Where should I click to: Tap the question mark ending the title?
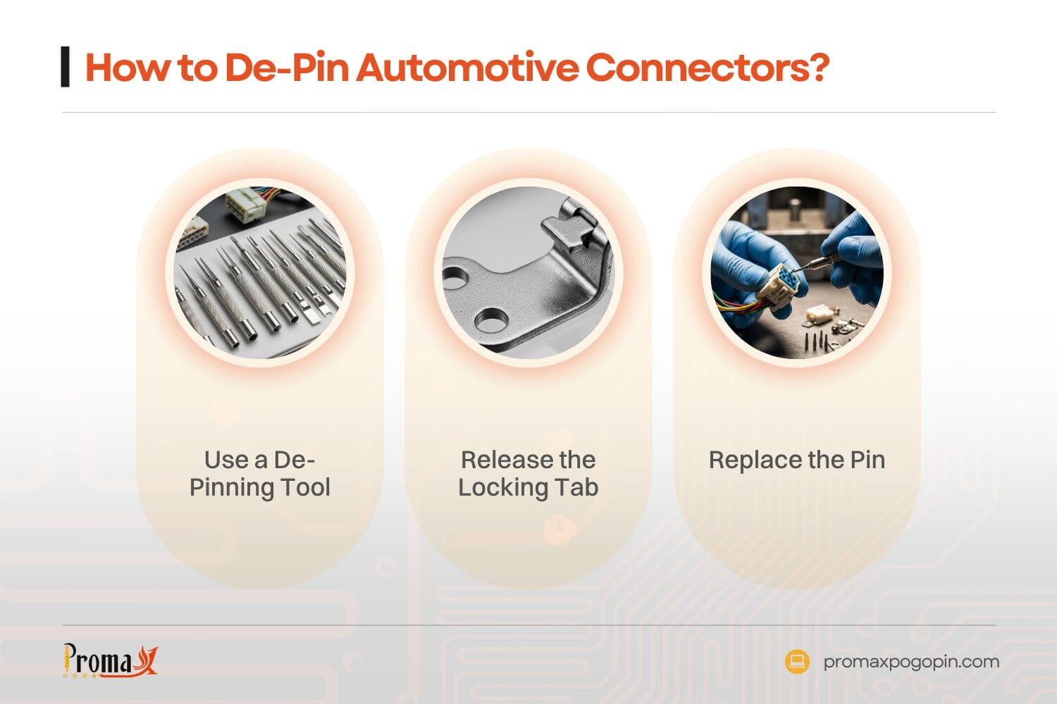click(818, 68)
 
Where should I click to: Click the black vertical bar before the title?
click(66, 67)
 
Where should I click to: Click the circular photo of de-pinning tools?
click(260, 273)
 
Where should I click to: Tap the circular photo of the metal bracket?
click(528, 273)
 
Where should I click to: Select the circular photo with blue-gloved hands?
click(796, 273)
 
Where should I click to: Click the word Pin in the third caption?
click(867, 460)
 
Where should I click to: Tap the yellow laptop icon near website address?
click(797, 661)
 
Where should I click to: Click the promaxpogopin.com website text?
click(911, 662)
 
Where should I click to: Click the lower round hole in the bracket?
click(491, 320)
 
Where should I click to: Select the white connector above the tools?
click(244, 204)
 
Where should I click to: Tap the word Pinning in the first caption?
click(232, 487)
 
